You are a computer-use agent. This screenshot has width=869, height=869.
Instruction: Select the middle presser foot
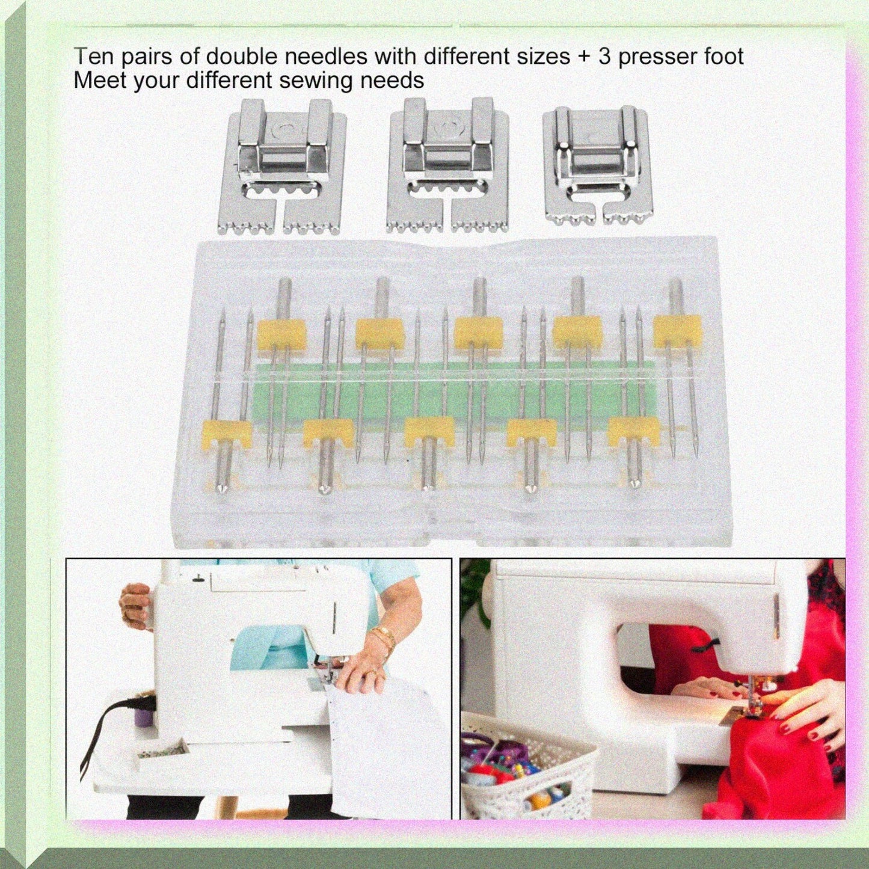pyautogui.click(x=448, y=165)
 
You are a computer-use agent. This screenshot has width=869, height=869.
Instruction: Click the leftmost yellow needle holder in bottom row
pyautogui.click(x=227, y=434)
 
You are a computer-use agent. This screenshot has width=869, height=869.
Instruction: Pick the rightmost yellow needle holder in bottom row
pyautogui.click(x=631, y=432)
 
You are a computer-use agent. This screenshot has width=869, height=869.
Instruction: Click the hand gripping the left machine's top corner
pyautogui.click(x=135, y=604)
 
